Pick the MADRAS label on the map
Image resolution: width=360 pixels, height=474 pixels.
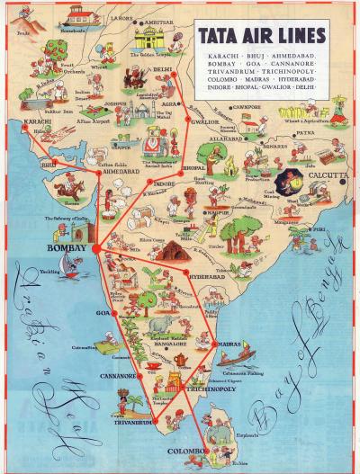click(x=229, y=344)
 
